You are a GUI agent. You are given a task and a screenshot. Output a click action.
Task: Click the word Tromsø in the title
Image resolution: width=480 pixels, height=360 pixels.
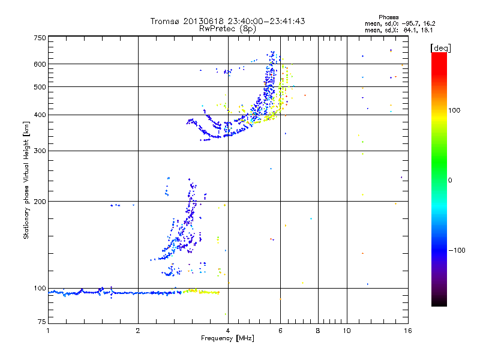pyautogui.click(x=164, y=21)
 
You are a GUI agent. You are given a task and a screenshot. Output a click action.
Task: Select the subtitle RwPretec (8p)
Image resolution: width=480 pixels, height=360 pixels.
pyautogui.click(x=227, y=29)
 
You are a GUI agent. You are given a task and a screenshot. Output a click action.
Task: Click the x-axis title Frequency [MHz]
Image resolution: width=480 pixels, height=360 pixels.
pyautogui.click(x=227, y=338)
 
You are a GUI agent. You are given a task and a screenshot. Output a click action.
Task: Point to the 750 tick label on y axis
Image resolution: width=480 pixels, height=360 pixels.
pyautogui.click(x=40, y=38)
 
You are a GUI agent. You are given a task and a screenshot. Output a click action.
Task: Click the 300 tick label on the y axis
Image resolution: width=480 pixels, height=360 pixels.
pyautogui.click(x=40, y=151)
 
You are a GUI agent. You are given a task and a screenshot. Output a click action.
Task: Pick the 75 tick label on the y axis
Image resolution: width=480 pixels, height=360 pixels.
pyautogui.click(x=41, y=322)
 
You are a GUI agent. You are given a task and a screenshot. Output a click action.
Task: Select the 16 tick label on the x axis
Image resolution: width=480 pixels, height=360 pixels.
pyautogui.click(x=408, y=331)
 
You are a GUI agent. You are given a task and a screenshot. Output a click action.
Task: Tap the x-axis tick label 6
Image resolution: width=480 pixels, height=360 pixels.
pyautogui.click(x=280, y=331)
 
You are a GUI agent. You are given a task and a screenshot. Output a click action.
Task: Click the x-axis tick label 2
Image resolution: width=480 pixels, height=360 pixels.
pyautogui.click(x=138, y=331)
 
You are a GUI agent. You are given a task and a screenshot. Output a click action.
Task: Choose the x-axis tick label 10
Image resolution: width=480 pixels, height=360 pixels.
pyautogui.click(x=347, y=331)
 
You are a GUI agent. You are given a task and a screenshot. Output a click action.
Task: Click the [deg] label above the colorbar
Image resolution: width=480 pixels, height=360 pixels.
pyautogui.click(x=440, y=48)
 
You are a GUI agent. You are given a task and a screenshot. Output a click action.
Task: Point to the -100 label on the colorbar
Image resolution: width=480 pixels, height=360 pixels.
pyautogui.click(x=457, y=250)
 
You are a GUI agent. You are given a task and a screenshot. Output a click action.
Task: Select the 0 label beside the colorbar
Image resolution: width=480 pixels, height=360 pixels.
pyautogui.click(x=450, y=181)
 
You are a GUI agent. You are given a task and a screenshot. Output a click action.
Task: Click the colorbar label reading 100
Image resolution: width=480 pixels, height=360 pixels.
pyautogui.click(x=454, y=110)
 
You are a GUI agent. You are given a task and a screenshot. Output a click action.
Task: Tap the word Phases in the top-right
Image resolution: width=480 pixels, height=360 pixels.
pyautogui.click(x=388, y=17)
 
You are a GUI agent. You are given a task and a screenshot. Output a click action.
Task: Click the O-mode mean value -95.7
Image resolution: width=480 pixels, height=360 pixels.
pyautogui.click(x=410, y=23)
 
